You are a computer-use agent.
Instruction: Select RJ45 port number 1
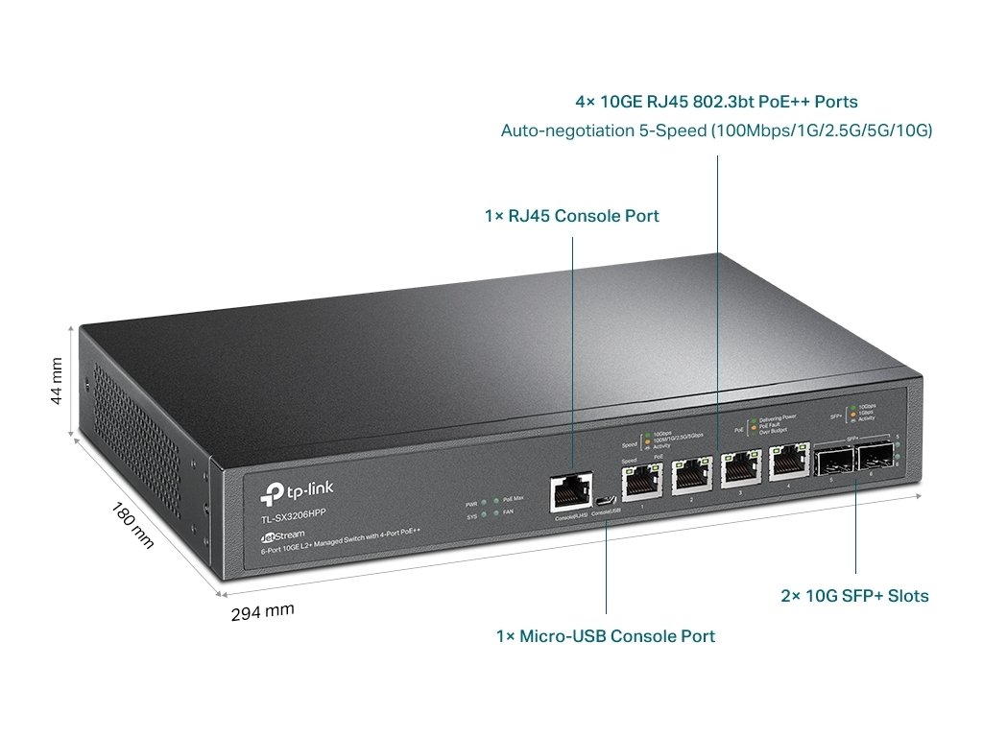640,481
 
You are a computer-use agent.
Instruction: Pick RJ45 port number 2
690,475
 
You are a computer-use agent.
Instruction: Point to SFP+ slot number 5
830,462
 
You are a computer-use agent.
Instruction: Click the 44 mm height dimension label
57,381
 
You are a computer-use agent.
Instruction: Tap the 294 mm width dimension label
262,611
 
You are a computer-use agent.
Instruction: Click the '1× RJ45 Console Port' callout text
571,216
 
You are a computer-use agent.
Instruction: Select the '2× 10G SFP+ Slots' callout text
854,596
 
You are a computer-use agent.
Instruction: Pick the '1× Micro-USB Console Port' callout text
605,635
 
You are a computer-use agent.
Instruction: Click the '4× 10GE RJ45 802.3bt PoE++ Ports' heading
716,101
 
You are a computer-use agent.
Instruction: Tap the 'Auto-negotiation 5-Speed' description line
716,130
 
